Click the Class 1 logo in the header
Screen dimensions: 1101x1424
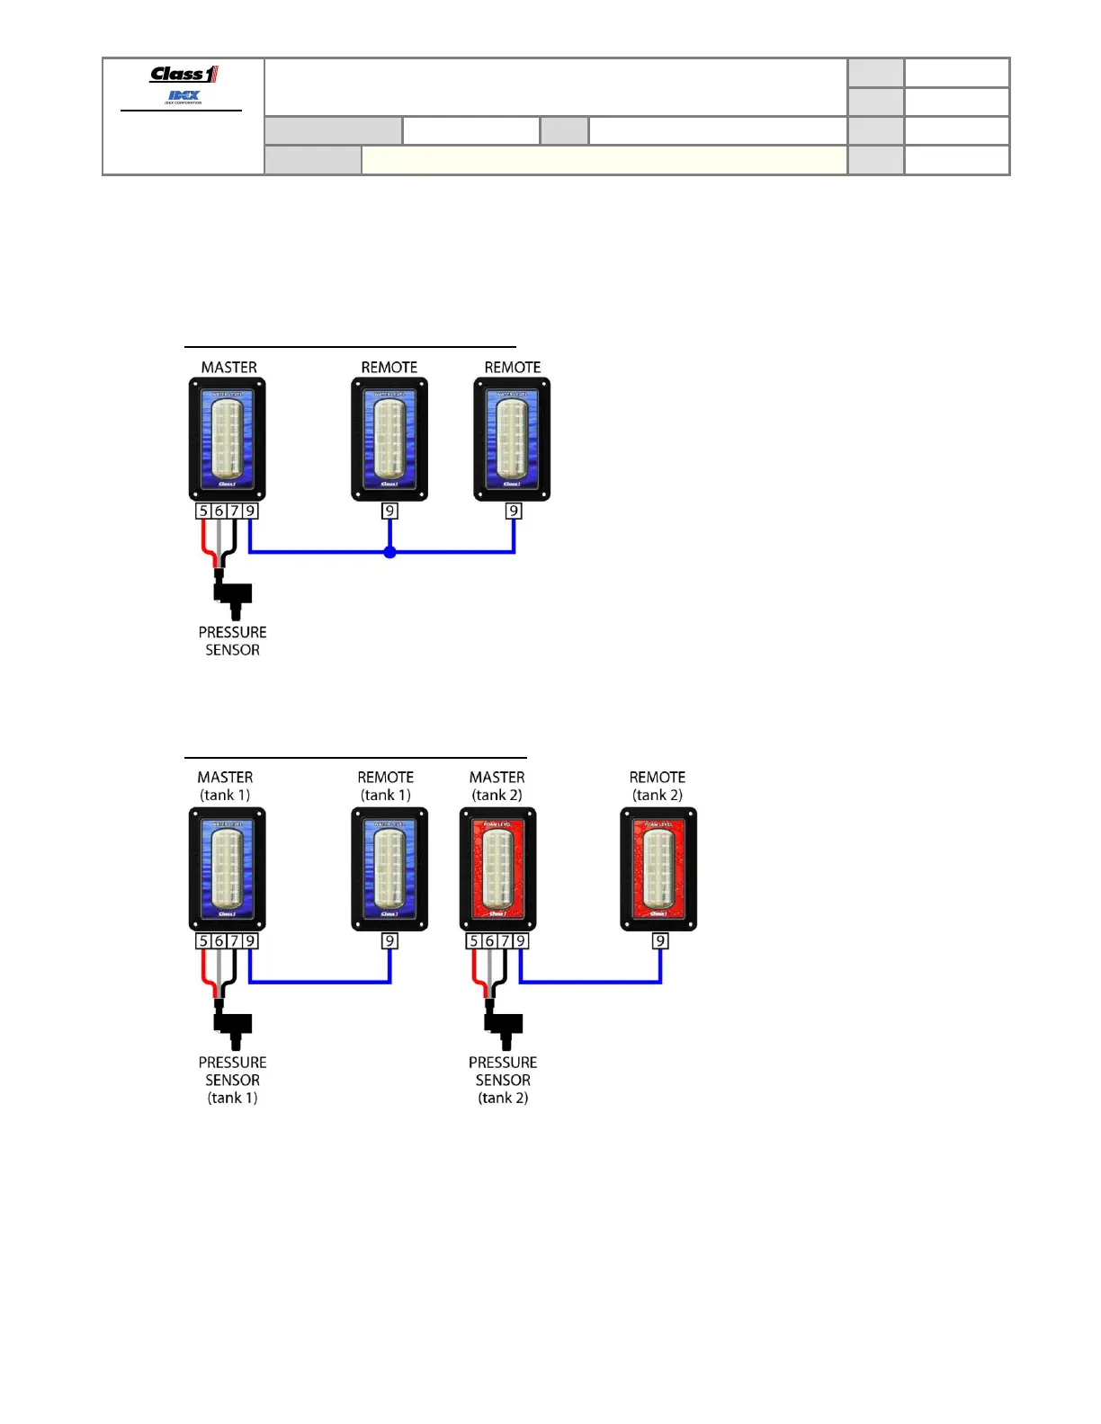183,75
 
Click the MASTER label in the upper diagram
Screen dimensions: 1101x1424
228,368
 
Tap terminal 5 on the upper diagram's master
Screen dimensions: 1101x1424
203,512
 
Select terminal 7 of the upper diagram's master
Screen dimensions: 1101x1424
235,512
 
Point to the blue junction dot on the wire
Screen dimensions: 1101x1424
389,552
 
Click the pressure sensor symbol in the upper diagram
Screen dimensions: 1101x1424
233,595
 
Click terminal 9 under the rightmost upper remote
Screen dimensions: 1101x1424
514,512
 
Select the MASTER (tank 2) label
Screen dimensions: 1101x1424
497,786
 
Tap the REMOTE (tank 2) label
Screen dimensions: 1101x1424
658,786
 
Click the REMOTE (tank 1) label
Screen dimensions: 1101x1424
386,786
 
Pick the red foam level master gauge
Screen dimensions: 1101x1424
497,869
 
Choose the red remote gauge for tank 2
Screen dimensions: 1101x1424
658,869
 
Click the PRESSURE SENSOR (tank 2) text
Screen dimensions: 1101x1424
503,1080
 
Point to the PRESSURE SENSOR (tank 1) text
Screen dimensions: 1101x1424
232,1080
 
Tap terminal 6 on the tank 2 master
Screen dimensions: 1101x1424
489,941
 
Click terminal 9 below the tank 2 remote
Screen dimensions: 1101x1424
660,941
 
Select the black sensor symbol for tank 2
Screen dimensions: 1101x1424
504,1026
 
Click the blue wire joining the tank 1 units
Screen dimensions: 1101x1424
319,982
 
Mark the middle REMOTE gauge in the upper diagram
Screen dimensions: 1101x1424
389,439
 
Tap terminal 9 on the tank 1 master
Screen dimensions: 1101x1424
251,941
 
